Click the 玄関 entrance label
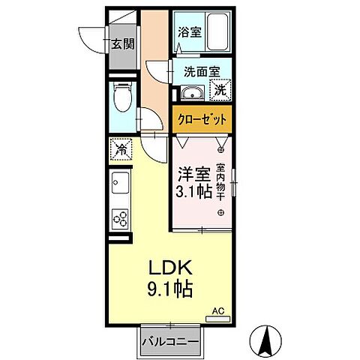click(x=123, y=43)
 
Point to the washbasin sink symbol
click(x=189, y=94)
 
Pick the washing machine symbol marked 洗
click(x=220, y=90)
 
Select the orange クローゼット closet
click(x=200, y=118)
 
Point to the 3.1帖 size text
click(x=192, y=192)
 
